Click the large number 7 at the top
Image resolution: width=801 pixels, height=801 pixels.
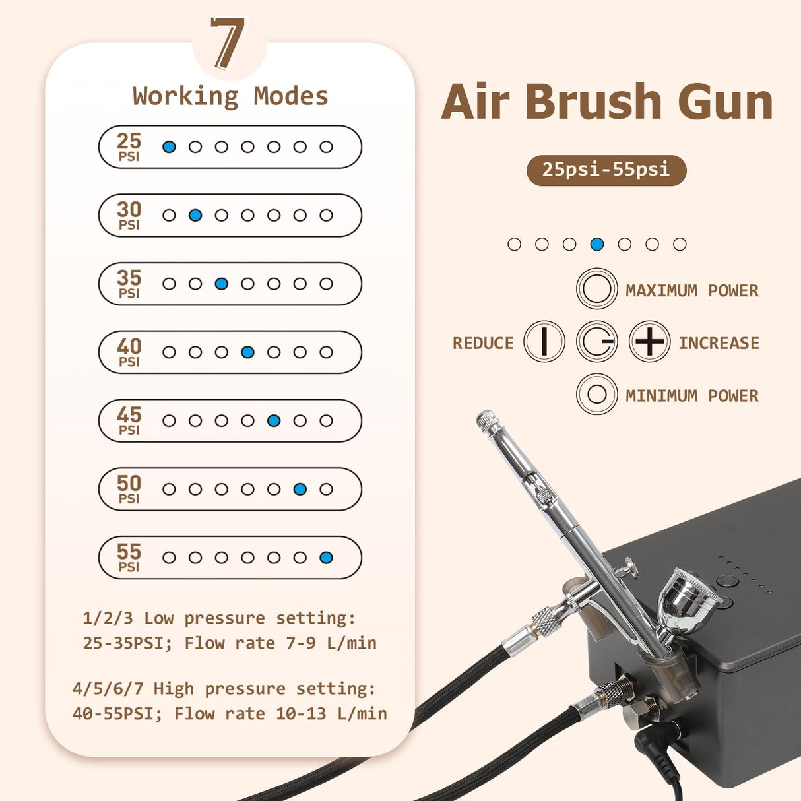[x=228, y=44]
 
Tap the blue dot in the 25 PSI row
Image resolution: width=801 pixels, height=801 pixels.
[x=169, y=146]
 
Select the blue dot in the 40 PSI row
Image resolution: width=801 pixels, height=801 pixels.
[x=247, y=352]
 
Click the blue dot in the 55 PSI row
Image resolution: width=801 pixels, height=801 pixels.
[x=326, y=558]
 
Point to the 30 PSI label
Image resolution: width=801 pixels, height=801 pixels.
[x=129, y=215]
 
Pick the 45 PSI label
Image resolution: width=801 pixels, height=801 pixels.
[x=129, y=420]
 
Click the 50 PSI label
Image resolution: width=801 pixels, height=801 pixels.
[x=129, y=489]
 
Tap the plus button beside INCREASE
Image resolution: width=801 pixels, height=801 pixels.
[x=649, y=342]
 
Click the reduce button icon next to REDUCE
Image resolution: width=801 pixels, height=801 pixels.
[x=544, y=342]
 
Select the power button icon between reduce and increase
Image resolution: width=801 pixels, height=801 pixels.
[x=597, y=342]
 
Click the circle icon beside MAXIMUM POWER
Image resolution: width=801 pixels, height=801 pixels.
[x=597, y=289]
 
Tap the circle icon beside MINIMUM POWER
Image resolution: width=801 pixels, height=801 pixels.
[x=597, y=395]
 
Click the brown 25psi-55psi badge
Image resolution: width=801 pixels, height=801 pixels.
[x=606, y=170]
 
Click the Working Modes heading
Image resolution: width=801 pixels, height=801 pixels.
[x=230, y=96]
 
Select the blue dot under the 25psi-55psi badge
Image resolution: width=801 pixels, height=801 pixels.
[x=597, y=244]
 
